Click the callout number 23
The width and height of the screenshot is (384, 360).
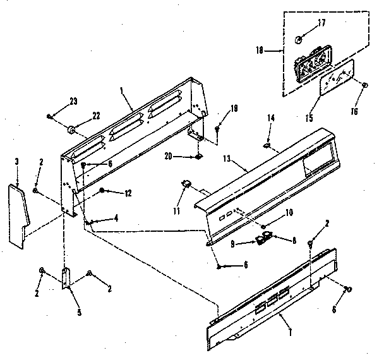point(73,102)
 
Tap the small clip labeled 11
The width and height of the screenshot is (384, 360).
point(187,183)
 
